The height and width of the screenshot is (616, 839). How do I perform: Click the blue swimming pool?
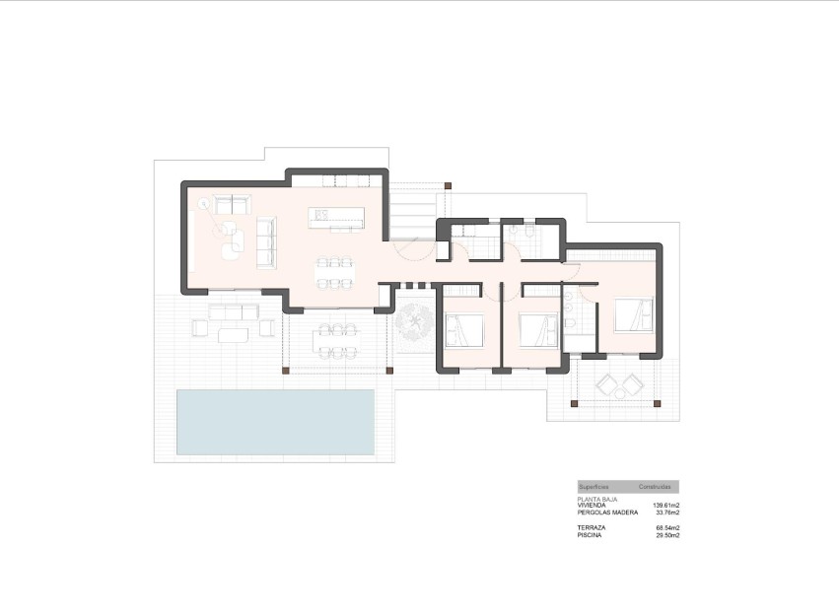click(x=276, y=422)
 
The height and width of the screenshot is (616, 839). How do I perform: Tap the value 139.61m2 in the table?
click(x=666, y=505)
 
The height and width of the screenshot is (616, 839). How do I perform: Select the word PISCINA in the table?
click(x=591, y=535)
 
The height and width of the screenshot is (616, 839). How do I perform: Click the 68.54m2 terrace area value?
click(x=667, y=528)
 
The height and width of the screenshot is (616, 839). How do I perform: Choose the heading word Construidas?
click(x=656, y=487)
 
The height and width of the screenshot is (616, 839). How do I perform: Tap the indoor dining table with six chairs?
click(x=335, y=273)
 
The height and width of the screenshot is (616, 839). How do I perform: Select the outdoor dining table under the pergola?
click(x=335, y=339)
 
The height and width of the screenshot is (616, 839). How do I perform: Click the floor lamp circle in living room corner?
click(x=204, y=205)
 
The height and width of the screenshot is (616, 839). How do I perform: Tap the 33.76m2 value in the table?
click(x=667, y=512)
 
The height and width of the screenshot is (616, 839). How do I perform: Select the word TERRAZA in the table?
click(x=592, y=528)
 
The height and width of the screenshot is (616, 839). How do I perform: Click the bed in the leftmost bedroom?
click(x=464, y=328)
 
